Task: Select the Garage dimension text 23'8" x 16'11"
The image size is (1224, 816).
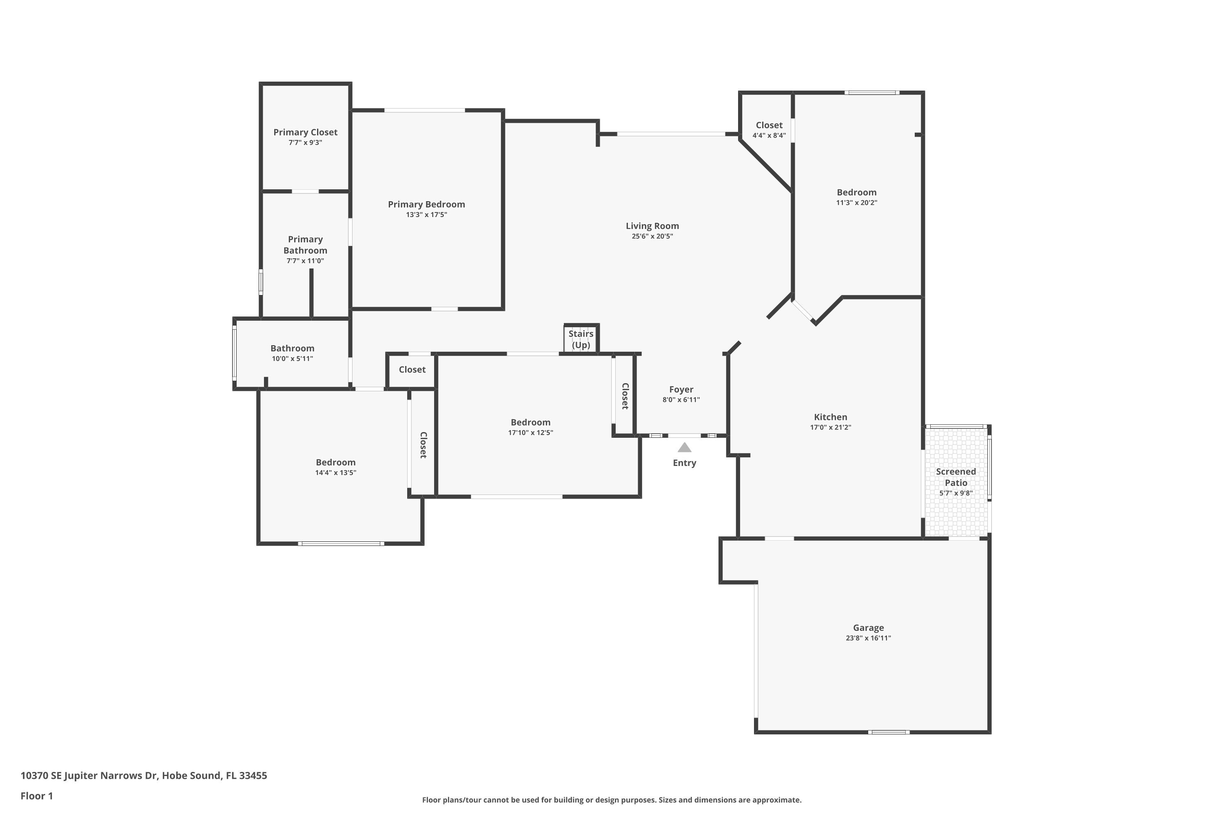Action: pyautogui.click(x=868, y=638)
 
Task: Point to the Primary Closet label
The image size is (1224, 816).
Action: pyautogui.click(x=306, y=132)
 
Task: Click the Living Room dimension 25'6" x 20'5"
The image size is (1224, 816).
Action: pyautogui.click(x=652, y=236)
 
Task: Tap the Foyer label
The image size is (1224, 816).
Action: pyautogui.click(x=681, y=389)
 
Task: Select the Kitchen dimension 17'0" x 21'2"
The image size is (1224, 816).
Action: pyautogui.click(x=831, y=427)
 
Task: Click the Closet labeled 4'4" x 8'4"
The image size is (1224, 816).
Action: pyautogui.click(x=769, y=125)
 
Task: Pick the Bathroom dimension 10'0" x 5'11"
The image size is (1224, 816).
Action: pyautogui.click(x=293, y=359)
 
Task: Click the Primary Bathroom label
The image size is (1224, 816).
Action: pyautogui.click(x=306, y=244)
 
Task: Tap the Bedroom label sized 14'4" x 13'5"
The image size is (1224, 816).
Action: pyautogui.click(x=336, y=462)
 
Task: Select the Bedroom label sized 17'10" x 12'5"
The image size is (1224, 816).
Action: pyautogui.click(x=530, y=422)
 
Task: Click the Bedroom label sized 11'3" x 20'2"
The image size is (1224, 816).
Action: pyautogui.click(x=856, y=192)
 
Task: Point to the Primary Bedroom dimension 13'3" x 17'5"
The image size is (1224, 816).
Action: pyautogui.click(x=426, y=215)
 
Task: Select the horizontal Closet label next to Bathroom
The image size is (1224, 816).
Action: pyautogui.click(x=412, y=370)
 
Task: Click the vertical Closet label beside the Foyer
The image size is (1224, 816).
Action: pyautogui.click(x=625, y=396)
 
